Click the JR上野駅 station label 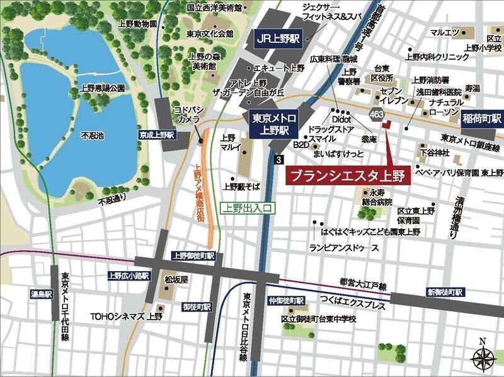pos(277,38)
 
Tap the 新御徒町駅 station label pos(445,293)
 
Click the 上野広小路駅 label pos(128,275)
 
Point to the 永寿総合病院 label pos(381,197)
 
